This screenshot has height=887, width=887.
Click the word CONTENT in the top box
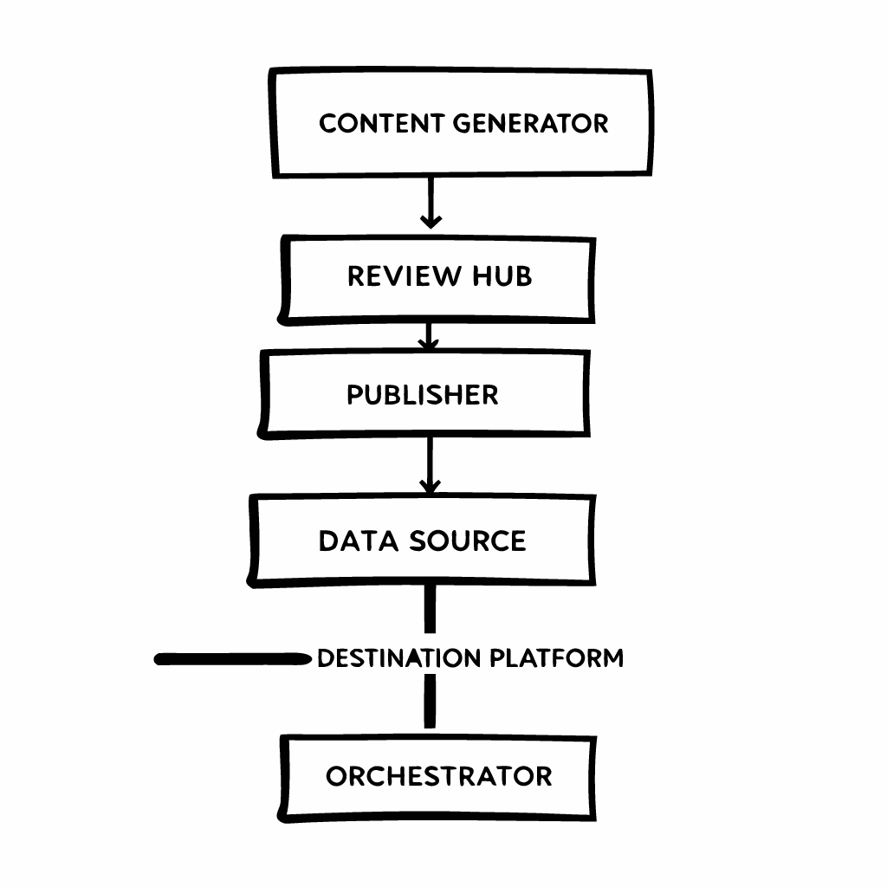point(382,123)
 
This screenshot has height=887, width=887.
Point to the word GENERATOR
point(530,123)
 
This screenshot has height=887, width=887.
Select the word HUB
point(502,276)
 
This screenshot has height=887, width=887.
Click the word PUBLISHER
point(423,395)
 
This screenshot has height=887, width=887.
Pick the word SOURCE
point(468,541)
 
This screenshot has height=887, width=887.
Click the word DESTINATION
point(398,658)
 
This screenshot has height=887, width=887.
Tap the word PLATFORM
point(557,658)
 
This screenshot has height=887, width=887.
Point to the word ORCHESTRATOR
point(439,776)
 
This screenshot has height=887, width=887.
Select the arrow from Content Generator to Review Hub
point(431,204)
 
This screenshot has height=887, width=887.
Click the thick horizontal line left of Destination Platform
point(232,659)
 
